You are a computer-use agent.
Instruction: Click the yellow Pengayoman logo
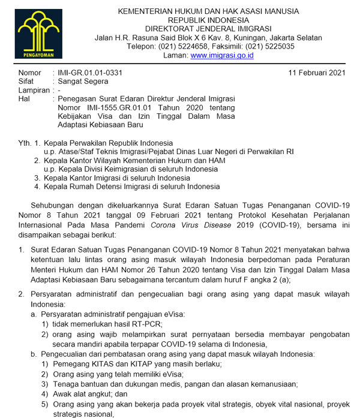[x=39, y=33]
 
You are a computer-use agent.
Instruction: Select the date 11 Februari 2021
[x=317, y=73]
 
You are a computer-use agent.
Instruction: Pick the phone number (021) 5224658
[x=186, y=46]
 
